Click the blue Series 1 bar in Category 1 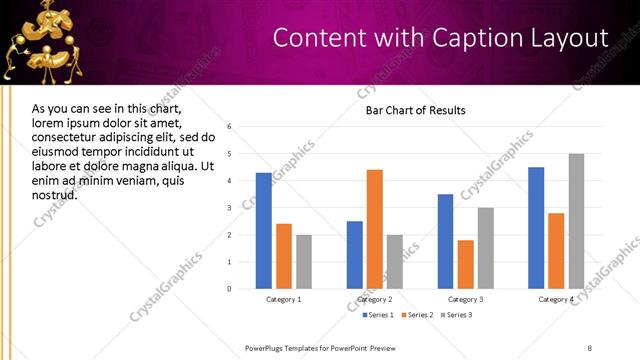click(264, 231)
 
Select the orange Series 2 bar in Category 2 click(374, 229)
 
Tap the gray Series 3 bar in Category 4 click(576, 221)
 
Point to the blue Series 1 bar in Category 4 click(536, 228)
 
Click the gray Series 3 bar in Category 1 click(303, 262)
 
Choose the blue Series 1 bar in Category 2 click(354, 255)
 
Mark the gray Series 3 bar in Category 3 click(485, 248)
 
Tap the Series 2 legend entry click(415, 315)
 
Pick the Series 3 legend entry click(456, 315)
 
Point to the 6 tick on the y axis click(230, 127)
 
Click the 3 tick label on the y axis click(230, 208)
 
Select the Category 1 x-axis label click(284, 300)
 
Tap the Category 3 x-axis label click(466, 300)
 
